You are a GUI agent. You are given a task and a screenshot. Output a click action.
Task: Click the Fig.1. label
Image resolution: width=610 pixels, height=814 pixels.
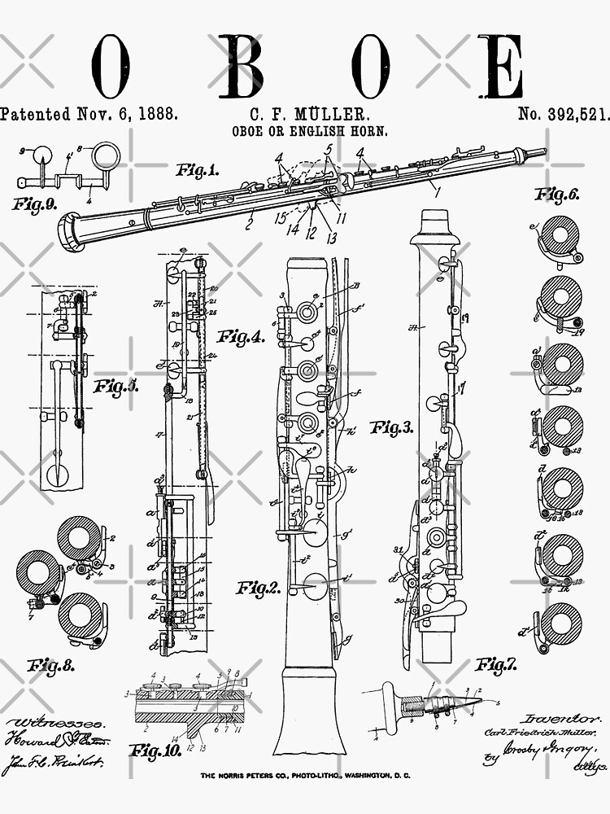click(197, 170)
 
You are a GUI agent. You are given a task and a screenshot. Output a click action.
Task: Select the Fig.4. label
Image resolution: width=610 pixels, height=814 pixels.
click(241, 336)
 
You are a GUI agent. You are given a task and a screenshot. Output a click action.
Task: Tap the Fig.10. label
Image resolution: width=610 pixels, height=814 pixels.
click(156, 750)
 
